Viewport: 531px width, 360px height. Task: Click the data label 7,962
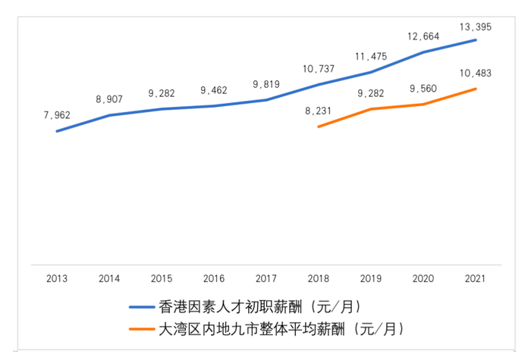[57, 115]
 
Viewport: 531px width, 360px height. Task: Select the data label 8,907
[109, 99]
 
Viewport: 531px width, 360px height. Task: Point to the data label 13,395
[476, 27]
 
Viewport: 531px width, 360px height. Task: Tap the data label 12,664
[423, 36]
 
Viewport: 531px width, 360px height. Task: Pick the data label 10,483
[476, 73]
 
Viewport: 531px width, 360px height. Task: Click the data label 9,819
[266, 85]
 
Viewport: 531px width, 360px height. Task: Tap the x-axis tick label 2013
[57, 279]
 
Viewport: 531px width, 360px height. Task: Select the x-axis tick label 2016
[214, 279]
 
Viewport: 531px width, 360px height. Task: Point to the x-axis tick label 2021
[476, 279]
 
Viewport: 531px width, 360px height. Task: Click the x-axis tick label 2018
[319, 279]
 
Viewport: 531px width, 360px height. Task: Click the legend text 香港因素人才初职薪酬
[258, 307]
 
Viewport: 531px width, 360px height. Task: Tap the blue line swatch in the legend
[142, 308]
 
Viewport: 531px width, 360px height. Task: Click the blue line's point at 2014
[109, 115]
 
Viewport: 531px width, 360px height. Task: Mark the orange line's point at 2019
[371, 109]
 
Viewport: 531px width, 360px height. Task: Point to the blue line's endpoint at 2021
[476, 39]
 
